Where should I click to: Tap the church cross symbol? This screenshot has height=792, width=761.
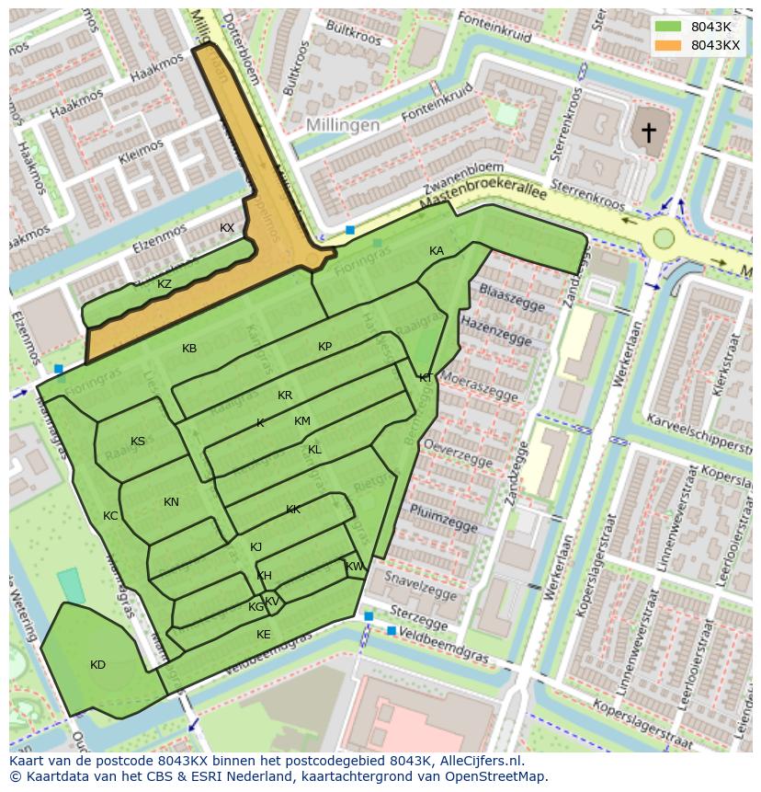(649, 132)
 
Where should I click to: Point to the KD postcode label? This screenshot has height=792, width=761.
(97, 665)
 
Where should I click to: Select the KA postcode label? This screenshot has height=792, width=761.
(437, 251)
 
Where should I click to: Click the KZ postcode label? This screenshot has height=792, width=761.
(165, 284)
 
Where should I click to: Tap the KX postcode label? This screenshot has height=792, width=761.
(227, 228)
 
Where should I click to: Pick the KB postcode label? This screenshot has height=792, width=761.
(189, 349)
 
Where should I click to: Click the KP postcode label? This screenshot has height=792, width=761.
(324, 347)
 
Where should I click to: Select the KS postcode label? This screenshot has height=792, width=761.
(138, 442)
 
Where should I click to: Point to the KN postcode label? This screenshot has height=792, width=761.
(171, 502)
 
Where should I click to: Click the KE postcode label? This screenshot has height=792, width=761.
(264, 635)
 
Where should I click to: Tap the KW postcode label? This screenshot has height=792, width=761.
(355, 567)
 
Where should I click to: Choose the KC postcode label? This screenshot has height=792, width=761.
(110, 516)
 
